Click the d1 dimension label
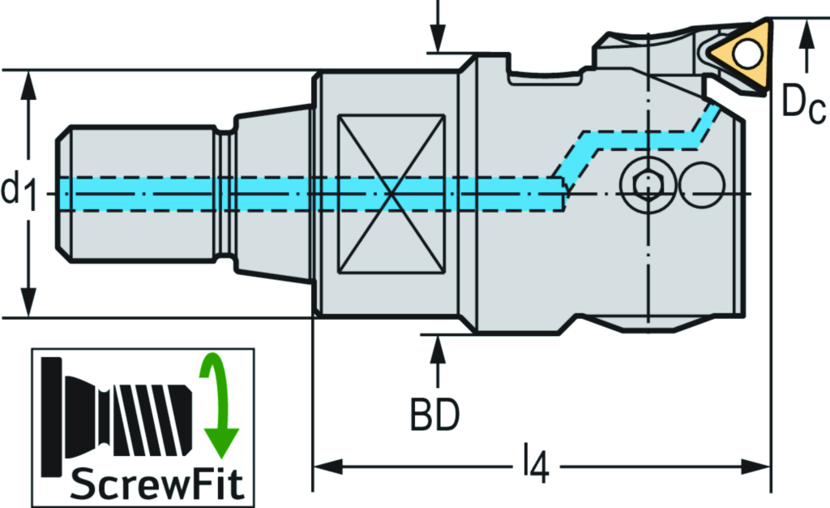(x=18, y=192)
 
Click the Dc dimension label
(x=803, y=101)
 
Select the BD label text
(x=435, y=415)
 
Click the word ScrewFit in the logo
(x=157, y=484)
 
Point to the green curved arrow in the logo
(x=217, y=406)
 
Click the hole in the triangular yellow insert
(x=747, y=54)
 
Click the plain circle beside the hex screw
(x=702, y=185)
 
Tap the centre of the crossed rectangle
(x=391, y=194)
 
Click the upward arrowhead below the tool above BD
(x=437, y=347)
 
